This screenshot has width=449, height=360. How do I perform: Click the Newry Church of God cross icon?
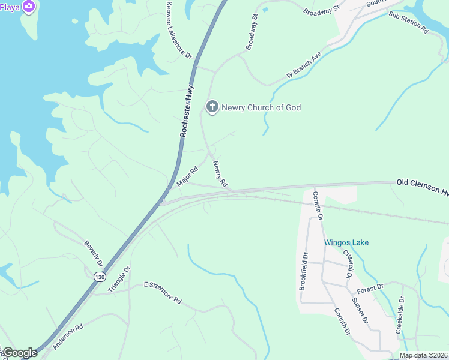tap(212, 107)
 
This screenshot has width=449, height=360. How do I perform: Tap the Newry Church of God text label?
tap(261, 108)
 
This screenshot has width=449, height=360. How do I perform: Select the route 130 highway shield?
tap(99, 277)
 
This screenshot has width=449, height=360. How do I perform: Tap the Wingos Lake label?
tap(346, 242)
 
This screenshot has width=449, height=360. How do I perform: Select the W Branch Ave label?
tap(304, 65)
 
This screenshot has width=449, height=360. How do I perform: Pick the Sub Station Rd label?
tap(408, 22)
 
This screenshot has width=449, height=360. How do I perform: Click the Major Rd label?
tap(187, 177)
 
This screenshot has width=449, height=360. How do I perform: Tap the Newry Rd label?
tap(220, 174)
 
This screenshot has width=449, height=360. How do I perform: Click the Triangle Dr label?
tap(119, 280)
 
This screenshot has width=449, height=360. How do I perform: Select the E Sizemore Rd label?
tap(162, 292)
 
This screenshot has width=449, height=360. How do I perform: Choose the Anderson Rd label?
tap(67, 337)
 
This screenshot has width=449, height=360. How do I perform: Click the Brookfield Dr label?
tap(303, 271)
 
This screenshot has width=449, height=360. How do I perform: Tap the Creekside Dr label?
tap(400, 314)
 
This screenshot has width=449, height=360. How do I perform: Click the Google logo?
tap(19, 353)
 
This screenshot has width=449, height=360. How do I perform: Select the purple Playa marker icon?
tap(28, 6)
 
